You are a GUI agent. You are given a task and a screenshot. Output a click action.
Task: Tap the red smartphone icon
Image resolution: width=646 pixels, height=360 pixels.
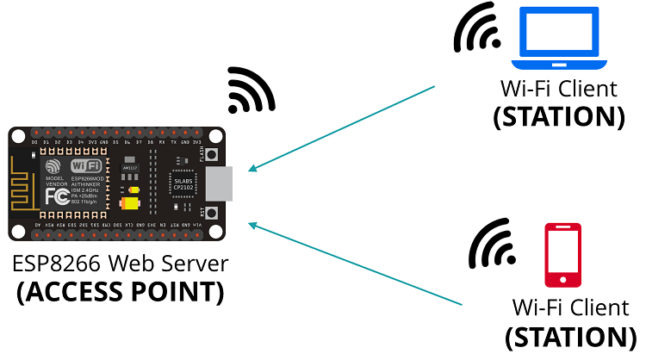click(x=562, y=255)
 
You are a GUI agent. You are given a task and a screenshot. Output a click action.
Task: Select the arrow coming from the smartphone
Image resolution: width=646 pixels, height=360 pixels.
click(x=353, y=263)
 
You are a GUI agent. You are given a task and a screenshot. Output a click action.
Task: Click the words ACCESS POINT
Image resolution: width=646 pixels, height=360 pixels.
click(x=120, y=292)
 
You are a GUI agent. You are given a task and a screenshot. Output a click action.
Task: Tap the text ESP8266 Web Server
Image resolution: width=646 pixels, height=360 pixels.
click(x=120, y=264)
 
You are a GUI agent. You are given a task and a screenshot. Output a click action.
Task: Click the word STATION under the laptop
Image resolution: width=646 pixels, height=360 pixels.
click(x=558, y=116)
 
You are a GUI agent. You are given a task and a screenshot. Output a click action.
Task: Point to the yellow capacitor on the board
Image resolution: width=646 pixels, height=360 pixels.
click(x=130, y=203)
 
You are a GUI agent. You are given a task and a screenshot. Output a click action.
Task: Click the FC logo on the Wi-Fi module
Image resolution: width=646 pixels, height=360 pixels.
click(x=56, y=196)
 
